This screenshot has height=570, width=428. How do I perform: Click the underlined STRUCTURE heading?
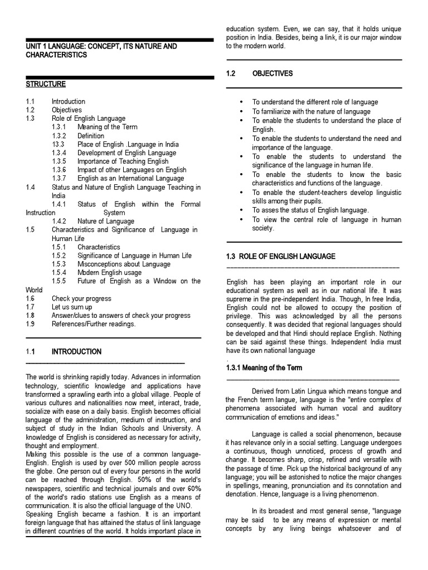pos(46,84)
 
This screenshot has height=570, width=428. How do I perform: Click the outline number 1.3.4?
pos(60,153)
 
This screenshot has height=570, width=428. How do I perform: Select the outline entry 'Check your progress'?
pos(81,298)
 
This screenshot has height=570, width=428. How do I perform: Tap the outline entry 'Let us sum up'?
pos(72,307)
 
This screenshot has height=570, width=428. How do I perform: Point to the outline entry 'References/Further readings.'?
pos(94,324)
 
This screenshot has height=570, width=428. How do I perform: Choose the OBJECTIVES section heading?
pos(272,73)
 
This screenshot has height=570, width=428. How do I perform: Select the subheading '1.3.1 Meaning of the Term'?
pos(264,368)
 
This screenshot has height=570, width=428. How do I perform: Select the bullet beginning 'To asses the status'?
pos(310,210)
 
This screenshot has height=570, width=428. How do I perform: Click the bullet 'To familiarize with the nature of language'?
pos(311,111)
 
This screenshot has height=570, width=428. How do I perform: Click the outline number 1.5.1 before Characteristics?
pos(60,247)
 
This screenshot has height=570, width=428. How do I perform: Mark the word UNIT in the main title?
pos(35,46)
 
